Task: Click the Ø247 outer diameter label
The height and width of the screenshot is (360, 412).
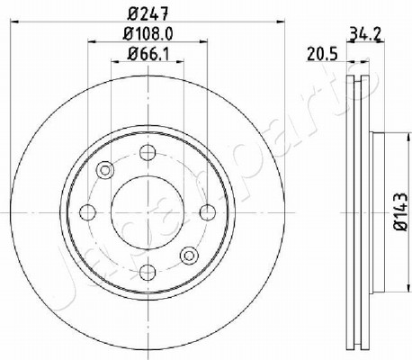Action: point(148,13)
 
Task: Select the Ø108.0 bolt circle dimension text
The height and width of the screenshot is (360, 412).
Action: point(148,33)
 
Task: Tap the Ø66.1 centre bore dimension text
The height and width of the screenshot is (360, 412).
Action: point(148,54)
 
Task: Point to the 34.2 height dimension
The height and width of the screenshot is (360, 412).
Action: point(365,35)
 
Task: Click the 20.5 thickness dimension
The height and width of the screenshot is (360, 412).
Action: point(322,54)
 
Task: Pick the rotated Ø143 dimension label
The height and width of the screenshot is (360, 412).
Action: point(400,211)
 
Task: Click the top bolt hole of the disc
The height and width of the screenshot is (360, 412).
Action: point(148,152)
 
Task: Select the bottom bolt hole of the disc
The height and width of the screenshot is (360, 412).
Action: point(148,272)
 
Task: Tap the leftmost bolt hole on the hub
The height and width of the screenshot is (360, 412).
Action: point(87,212)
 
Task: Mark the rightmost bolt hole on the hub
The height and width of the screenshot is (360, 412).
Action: point(208,212)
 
